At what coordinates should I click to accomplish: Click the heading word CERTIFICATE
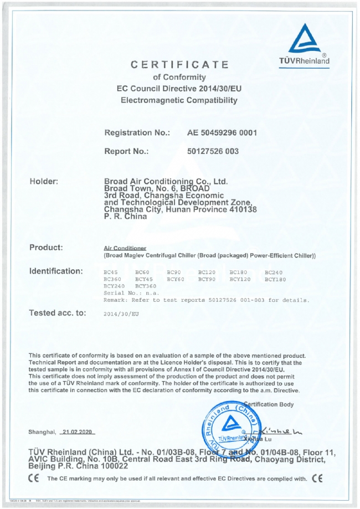(179, 65)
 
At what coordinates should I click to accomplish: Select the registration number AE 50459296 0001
(222, 133)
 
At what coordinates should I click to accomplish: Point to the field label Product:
(46, 247)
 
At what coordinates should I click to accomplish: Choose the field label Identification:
(56, 271)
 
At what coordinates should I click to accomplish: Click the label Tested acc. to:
(57, 313)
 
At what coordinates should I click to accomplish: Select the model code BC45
(111, 273)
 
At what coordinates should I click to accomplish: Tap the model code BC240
(273, 273)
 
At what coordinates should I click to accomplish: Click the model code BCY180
(275, 279)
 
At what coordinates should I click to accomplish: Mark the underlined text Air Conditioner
(121, 249)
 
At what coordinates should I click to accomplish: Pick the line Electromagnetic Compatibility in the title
(179, 100)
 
